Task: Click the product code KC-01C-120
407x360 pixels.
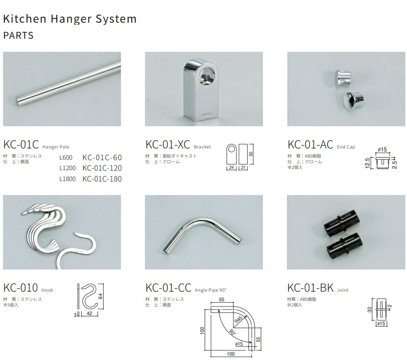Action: click(102, 168)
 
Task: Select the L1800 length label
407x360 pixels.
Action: click(67, 179)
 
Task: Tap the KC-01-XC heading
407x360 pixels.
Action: click(168, 145)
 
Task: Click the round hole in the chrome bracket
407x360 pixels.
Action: click(207, 76)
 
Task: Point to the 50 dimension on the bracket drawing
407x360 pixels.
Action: click(251, 154)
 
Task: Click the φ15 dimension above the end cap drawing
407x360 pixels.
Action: click(382, 149)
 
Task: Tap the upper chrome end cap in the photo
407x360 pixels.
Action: click(343, 77)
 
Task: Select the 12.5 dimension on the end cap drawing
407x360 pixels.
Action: click(367, 163)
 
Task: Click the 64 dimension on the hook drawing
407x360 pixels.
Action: click(101, 296)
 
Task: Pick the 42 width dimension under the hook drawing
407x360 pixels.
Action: click(89, 313)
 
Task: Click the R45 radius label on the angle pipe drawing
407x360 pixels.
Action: click(238, 319)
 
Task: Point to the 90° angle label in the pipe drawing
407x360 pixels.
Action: click(232, 332)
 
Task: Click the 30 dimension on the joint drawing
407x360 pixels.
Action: click(370, 310)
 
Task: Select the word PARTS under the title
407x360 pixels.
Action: click(18, 35)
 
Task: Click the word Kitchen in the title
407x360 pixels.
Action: click(25, 19)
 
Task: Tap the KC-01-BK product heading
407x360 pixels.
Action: click(310, 288)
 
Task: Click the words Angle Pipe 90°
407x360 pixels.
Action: click(211, 290)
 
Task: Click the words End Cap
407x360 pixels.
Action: click(346, 147)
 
